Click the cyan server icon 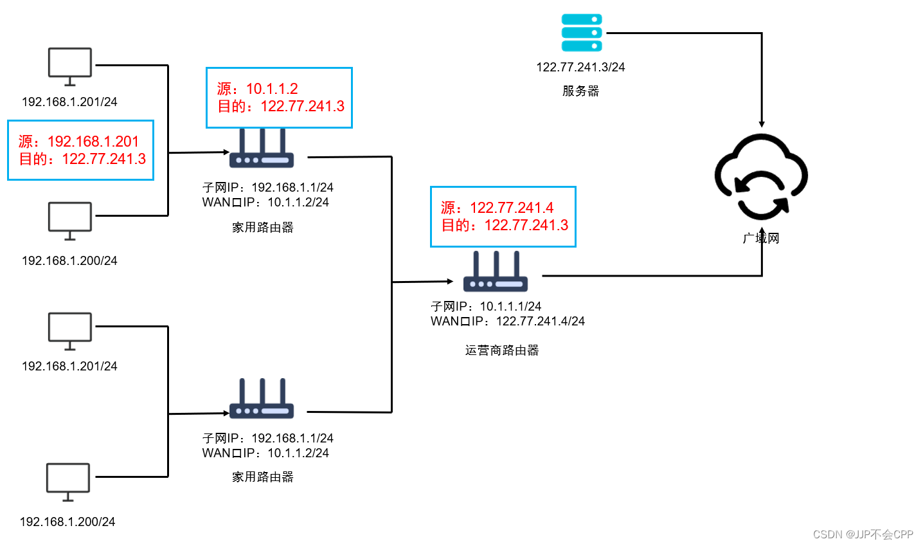pos(582,33)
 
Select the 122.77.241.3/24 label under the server pos(580,67)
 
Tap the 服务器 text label pos(580,91)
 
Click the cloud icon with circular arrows pos(761,176)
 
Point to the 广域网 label pos(761,239)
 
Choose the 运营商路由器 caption pos(502,350)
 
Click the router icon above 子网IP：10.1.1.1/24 pos(496,272)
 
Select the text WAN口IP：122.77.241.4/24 pos(508,321)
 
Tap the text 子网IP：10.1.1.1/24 pos(486,306)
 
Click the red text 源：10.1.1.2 pos(257,89)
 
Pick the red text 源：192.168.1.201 pos(78,141)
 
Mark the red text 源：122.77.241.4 pos(497,208)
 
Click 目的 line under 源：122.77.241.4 pos(505,225)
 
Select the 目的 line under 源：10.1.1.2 pos(281,106)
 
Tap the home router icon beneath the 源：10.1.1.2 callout pos(262,150)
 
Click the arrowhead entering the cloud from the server pos(762,123)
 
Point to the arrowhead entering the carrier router pos(449,281)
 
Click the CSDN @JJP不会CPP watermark pos(863,534)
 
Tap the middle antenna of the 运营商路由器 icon pos(496,264)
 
